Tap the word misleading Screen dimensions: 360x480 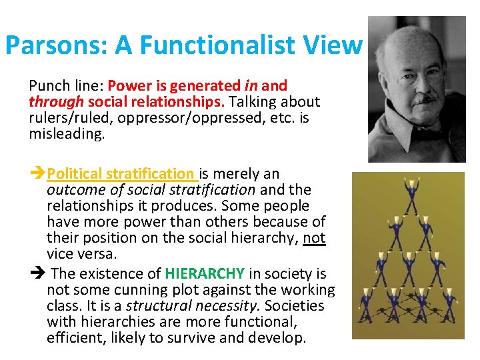tap(67, 134)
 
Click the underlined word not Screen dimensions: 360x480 tap(314, 238)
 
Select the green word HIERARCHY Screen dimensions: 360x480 tap(205, 273)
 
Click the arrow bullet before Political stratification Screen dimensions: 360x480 tap(38, 174)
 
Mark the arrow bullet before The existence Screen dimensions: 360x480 tap(38, 273)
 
